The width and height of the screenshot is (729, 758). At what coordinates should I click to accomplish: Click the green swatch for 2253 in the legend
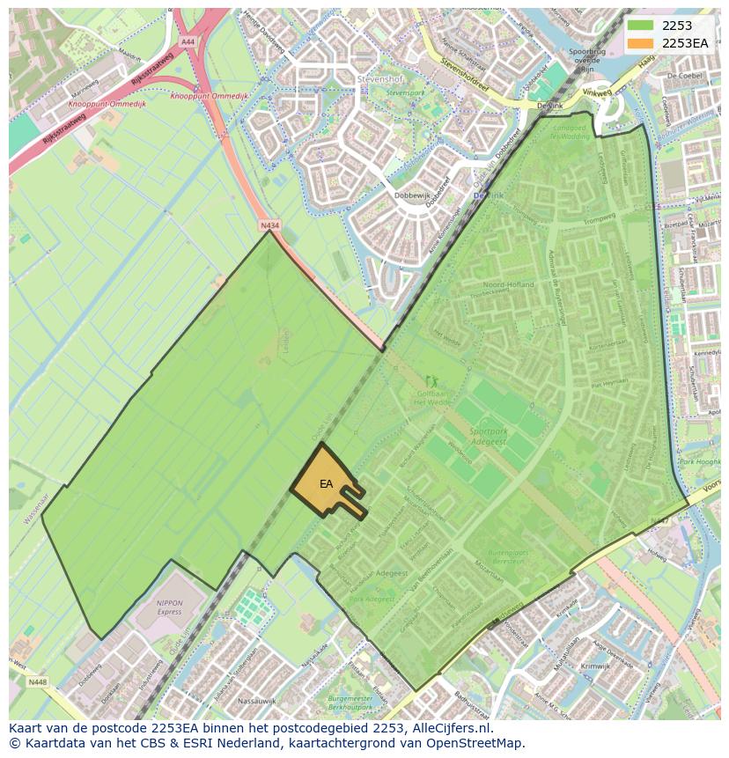(641, 26)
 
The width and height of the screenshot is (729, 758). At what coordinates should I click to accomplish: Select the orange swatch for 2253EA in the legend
(641, 43)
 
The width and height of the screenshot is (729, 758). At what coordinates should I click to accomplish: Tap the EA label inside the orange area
(326, 484)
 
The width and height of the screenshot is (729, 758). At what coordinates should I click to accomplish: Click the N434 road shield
(269, 226)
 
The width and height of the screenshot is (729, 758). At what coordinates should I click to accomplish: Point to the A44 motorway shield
(188, 41)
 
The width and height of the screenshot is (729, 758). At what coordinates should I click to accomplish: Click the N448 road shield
(37, 681)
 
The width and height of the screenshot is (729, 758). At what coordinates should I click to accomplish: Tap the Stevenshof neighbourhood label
(379, 79)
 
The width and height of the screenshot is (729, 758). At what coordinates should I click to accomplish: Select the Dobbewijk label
(410, 196)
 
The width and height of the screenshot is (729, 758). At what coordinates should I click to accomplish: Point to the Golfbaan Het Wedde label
(433, 399)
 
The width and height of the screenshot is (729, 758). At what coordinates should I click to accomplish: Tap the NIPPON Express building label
(169, 607)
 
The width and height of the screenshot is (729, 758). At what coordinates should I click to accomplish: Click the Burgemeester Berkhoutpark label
(351, 702)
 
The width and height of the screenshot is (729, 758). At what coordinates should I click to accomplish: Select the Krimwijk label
(569, 666)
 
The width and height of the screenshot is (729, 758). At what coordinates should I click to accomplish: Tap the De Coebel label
(683, 76)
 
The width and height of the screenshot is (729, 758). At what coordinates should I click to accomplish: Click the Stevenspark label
(405, 92)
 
